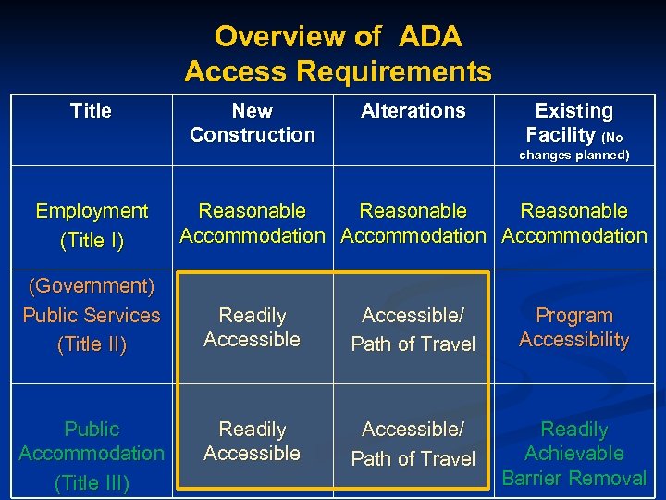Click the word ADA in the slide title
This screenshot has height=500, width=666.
431,37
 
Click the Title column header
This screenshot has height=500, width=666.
91,111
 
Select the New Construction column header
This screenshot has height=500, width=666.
253,123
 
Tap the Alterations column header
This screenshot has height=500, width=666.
413,111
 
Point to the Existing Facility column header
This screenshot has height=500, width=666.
574,123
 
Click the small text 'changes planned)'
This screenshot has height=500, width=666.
574,156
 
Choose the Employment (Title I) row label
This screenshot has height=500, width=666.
92,225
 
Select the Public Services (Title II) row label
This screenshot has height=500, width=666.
92,316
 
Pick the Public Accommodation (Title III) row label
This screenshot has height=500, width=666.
92,454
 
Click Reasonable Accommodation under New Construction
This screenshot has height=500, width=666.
253,223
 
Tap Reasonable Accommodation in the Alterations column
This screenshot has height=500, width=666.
413,223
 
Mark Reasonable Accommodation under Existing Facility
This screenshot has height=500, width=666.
574,223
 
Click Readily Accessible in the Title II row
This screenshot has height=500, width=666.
253,328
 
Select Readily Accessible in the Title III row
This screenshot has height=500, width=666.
253,442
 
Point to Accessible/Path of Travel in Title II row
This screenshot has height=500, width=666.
413,329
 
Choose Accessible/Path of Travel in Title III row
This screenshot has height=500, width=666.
413,444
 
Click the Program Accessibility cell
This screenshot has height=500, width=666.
574,328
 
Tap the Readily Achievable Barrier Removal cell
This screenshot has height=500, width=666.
574,454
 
